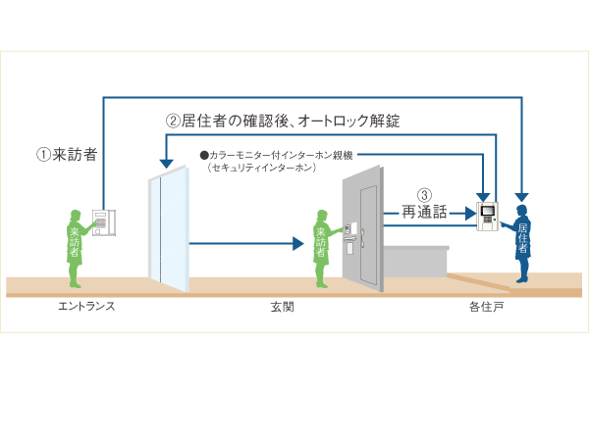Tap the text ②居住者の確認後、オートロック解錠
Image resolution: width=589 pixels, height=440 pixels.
[283, 122]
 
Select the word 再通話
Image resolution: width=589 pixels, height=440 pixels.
[425, 211]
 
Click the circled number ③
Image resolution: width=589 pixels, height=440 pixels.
[424, 194]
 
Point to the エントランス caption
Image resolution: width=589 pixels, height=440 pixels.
[86, 306]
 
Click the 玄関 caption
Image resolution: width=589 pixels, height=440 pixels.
[283, 306]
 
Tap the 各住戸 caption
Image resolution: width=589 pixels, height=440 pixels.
[488, 306]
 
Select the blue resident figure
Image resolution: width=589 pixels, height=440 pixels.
[521, 245]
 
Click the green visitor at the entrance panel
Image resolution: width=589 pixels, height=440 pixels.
[75, 245]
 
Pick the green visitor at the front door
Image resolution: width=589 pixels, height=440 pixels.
[321, 248]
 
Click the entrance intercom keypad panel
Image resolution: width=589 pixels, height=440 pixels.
[104, 222]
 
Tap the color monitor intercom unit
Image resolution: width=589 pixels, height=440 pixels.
[486, 215]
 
